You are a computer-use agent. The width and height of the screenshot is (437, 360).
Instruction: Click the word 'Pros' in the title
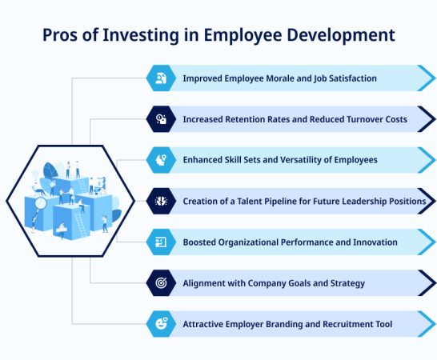point(60,35)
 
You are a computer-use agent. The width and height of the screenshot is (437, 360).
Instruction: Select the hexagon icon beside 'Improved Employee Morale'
point(162,78)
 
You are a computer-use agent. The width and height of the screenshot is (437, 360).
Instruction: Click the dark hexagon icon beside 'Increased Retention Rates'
point(162,119)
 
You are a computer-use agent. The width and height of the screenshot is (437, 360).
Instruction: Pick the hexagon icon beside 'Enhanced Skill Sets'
point(162,160)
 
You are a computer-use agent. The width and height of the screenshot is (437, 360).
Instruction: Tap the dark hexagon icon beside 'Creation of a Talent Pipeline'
point(162,201)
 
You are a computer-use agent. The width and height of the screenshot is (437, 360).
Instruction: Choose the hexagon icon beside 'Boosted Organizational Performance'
point(162,242)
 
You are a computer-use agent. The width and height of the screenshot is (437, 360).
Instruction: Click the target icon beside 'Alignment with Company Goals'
point(162,282)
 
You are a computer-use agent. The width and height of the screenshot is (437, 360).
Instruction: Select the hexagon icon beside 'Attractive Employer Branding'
point(162,323)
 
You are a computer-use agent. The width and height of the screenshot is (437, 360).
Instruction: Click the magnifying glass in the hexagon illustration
point(39,206)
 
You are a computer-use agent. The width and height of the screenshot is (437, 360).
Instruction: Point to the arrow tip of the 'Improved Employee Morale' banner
point(427,78)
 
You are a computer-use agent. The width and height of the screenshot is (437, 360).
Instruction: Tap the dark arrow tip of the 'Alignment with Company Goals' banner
point(427,282)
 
